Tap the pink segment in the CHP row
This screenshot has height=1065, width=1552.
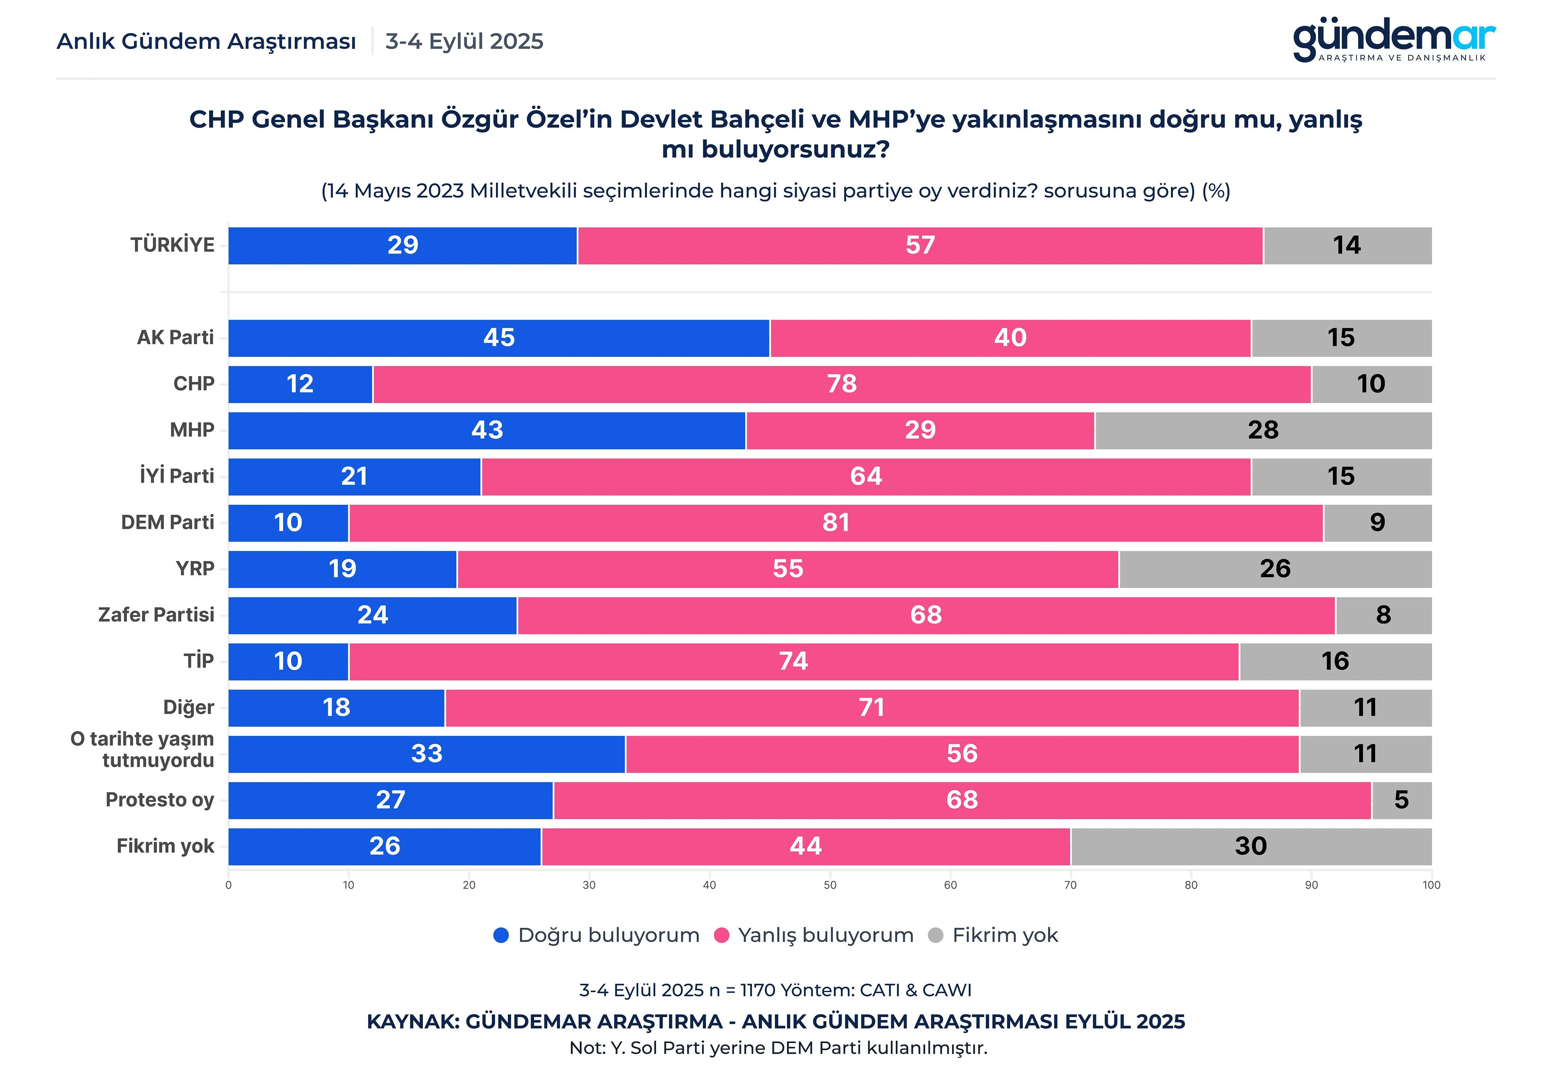[842, 384]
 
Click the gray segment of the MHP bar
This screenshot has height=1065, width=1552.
[1263, 430]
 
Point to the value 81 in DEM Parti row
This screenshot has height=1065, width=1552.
[835, 523]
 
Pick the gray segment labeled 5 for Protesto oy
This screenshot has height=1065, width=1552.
[1401, 800]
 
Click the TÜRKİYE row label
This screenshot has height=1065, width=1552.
[172, 245]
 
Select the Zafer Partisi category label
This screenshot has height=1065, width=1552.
[156, 615]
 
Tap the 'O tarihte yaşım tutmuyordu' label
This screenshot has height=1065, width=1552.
[142, 750]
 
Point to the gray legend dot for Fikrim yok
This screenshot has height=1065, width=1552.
[935, 935]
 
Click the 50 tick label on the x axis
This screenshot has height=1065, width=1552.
[830, 885]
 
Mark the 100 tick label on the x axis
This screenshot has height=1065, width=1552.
[1431, 885]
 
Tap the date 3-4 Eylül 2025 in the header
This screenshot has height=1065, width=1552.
[464, 42]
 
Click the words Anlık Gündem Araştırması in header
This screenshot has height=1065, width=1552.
[206, 42]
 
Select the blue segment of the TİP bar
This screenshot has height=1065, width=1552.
[288, 662]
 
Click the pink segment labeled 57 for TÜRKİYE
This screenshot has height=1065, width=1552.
[920, 245]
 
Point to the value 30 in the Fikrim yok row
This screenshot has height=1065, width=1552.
[1250, 846]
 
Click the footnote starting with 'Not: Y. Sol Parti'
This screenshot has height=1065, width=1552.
[778, 1048]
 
